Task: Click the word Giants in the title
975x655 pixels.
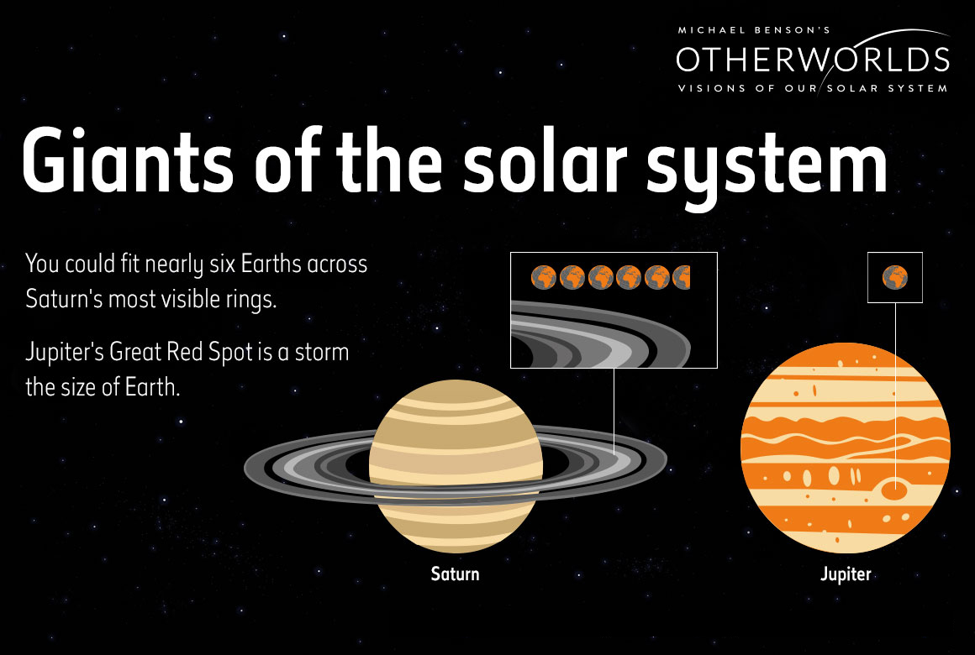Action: click(127, 160)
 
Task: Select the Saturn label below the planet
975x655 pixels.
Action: click(456, 574)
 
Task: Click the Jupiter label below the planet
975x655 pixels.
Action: click(846, 574)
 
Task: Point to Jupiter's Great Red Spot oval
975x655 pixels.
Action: click(895, 490)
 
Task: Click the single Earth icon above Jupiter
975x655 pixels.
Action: click(895, 277)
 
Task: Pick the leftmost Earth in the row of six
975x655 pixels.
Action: click(544, 277)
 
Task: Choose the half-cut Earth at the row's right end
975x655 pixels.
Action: click(682, 277)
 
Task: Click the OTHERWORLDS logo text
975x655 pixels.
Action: click(813, 60)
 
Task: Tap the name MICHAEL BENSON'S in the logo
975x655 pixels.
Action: click(754, 30)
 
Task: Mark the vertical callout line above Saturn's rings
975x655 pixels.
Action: click(614, 412)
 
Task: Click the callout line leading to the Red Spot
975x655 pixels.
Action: click(895, 393)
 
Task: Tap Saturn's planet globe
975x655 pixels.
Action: click(456, 466)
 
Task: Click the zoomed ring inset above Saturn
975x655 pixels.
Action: click(614, 310)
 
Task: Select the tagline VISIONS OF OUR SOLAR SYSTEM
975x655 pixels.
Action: click(813, 88)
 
